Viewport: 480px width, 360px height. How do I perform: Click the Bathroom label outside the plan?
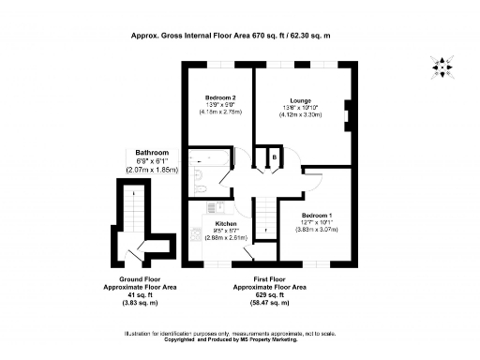tap(151, 152)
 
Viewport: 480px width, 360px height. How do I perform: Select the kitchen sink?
tap(197, 236)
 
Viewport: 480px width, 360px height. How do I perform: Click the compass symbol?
tap(442, 66)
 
